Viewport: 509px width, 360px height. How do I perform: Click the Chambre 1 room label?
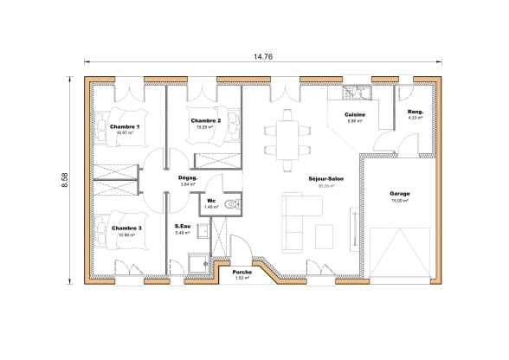tap(126, 126)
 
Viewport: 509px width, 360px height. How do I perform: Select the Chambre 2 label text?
tap(206, 120)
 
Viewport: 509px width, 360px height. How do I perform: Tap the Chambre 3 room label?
tap(126, 228)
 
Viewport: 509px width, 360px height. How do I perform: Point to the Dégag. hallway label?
tap(188, 177)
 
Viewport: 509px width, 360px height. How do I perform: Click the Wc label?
tap(210, 201)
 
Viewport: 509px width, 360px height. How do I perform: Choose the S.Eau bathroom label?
tap(183, 227)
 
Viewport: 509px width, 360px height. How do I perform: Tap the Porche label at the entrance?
tap(242, 272)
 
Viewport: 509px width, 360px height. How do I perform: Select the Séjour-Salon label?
tap(325, 178)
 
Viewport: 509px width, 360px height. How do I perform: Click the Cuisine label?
tap(354, 115)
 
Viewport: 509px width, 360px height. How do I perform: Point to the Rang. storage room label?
tap(415, 112)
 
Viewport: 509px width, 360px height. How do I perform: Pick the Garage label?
tap(399, 194)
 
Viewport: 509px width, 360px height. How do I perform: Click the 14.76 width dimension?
tap(263, 57)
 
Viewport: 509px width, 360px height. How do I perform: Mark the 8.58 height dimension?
tap(65, 180)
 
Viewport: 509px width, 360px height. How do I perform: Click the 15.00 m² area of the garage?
tap(399, 201)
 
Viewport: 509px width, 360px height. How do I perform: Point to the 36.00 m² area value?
tap(325, 185)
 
